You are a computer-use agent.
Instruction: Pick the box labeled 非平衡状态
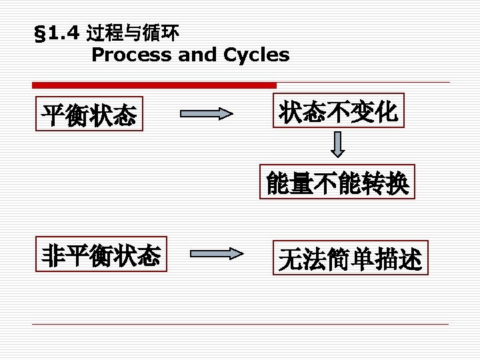pyautogui.click(x=101, y=255)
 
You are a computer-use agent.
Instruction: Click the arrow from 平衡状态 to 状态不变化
pyautogui.click(x=207, y=115)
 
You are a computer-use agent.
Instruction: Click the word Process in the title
pyautogui.click(x=132, y=55)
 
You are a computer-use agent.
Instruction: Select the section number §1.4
pyautogui.click(x=57, y=32)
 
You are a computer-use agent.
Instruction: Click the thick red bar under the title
pyautogui.click(x=154, y=85)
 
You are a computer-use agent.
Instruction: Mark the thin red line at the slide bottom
pyautogui.click(x=240, y=324)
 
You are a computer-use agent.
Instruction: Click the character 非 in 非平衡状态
pyautogui.click(x=53, y=255)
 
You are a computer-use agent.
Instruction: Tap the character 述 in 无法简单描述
pyautogui.click(x=410, y=259)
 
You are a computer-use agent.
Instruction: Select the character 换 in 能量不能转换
pyautogui.click(x=397, y=183)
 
